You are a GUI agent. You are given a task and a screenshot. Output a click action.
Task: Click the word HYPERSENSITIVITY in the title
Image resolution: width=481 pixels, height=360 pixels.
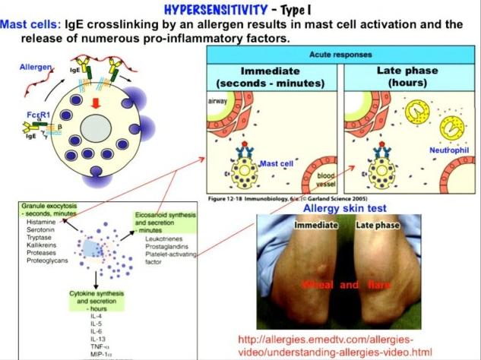pos(208,11)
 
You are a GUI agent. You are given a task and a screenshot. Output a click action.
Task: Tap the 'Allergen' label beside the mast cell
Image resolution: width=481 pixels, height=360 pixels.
pos(35,68)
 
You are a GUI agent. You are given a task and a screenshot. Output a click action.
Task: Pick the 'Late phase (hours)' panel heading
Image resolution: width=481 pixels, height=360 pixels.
pos(407,76)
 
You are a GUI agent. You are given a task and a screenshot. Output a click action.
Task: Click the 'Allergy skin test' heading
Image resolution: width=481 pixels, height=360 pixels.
pos(344,208)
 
